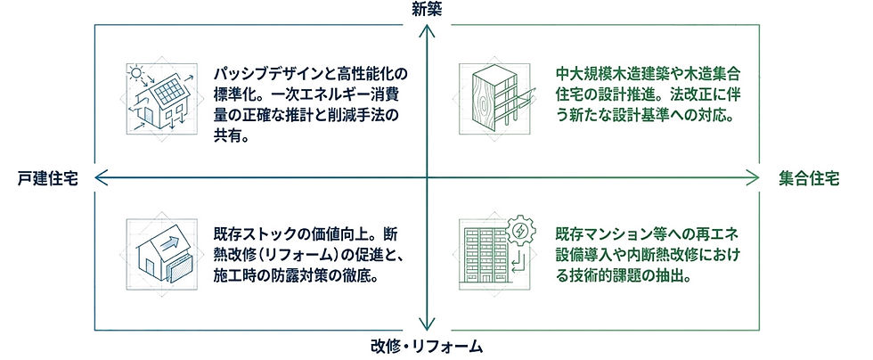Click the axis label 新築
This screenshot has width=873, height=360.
pos(428,10)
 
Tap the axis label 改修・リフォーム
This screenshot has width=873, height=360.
pos(427,346)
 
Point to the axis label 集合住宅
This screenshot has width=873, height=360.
pos(809,178)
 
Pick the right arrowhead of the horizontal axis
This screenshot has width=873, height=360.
pos(758,178)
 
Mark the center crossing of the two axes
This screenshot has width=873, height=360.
pos(428,178)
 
